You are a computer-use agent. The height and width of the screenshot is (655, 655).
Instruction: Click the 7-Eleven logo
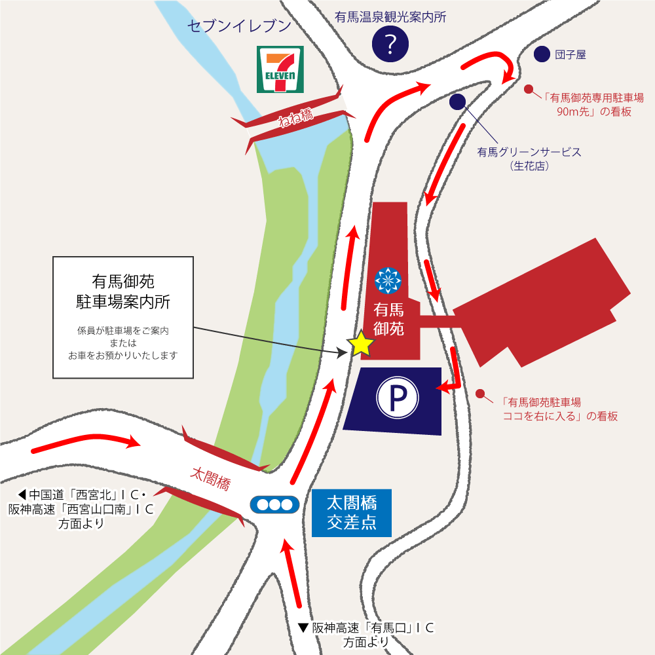(x=280, y=69)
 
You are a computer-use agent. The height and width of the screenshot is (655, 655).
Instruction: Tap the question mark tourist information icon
(x=390, y=44)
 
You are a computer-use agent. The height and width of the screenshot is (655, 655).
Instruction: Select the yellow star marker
(x=361, y=344)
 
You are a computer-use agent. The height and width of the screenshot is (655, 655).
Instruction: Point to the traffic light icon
(x=274, y=505)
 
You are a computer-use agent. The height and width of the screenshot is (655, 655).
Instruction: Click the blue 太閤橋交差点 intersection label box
(x=351, y=513)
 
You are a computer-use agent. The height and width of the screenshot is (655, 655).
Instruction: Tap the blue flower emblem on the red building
(x=388, y=280)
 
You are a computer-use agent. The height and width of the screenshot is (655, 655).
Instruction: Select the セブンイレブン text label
(x=238, y=26)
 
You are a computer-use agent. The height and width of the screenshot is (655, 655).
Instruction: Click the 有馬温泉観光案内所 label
(x=390, y=17)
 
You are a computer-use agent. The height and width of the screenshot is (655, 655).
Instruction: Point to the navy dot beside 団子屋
(x=542, y=55)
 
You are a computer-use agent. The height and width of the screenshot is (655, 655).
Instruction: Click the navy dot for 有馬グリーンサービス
(x=457, y=101)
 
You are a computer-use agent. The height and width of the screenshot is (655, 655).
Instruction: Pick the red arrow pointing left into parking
(x=450, y=379)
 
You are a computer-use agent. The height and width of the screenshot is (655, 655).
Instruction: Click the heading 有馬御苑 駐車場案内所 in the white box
(x=123, y=291)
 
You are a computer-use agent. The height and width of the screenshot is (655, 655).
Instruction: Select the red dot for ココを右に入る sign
(x=480, y=394)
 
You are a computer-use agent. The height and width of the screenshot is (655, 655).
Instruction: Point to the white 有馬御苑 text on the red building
(x=389, y=318)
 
